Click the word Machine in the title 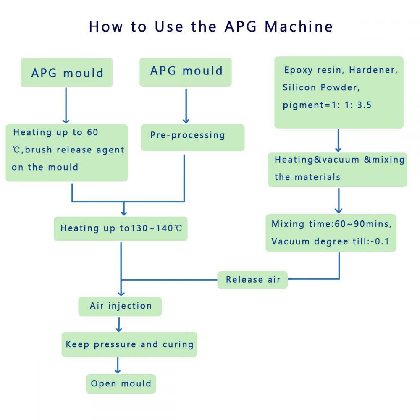click(299, 26)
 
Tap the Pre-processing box click(192, 137)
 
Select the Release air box click(252, 280)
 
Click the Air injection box click(120, 306)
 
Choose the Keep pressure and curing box click(129, 345)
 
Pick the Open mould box click(121, 383)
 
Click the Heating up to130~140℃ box click(121, 228)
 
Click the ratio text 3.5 click(364, 105)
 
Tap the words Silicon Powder click(321, 87)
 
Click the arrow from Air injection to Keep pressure click(119, 324)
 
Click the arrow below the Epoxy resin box click(339, 140)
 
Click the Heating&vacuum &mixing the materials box click(338, 169)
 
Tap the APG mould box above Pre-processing click(186, 71)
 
